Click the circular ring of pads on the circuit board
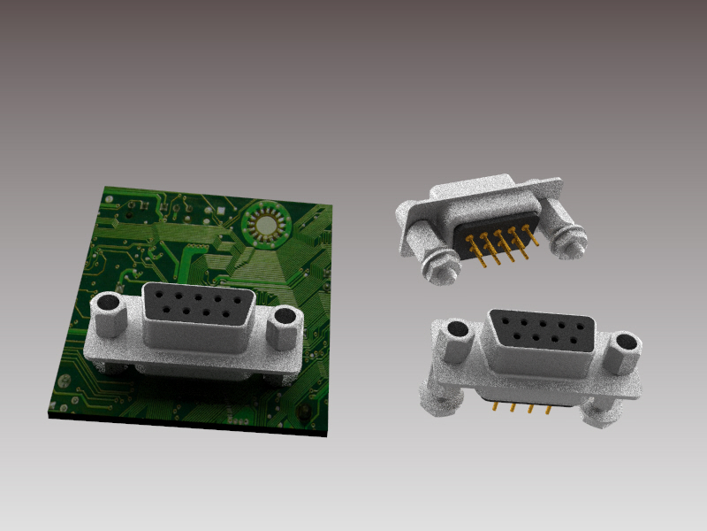[265, 223]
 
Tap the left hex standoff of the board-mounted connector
[110, 315]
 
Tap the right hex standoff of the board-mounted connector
[286, 327]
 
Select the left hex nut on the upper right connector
[437, 265]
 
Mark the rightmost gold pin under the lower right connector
[548, 409]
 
